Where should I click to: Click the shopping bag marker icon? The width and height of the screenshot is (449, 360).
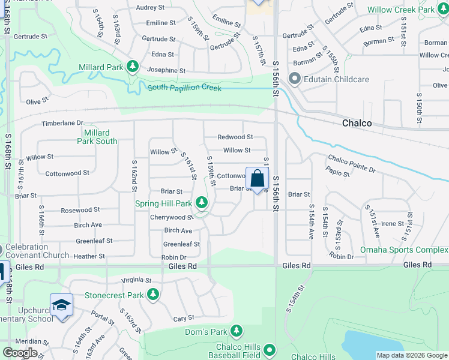[x=257, y=179]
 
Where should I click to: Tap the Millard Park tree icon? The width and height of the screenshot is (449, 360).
[x=133, y=67]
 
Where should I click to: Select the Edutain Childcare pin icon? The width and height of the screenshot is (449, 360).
[x=294, y=78]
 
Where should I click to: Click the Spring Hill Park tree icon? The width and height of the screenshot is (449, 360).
[x=202, y=203]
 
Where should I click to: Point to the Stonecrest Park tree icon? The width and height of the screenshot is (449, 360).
[x=154, y=295]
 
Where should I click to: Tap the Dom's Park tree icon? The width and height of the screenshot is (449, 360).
[x=237, y=331]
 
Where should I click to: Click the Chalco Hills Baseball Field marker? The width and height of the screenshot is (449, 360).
[x=270, y=349]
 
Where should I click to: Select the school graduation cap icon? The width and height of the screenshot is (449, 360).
[x=61, y=306]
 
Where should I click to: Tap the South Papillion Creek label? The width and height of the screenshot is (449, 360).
[x=184, y=88]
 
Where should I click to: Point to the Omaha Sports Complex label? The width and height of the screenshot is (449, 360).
[x=403, y=250]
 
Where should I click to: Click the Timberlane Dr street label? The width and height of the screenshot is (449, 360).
[x=61, y=122]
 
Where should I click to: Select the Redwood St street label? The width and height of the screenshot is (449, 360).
[x=235, y=137]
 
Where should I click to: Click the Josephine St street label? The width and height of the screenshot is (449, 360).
[x=166, y=70]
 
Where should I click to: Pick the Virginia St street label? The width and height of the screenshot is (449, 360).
[x=136, y=280]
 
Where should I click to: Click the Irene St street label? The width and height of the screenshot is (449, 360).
[x=393, y=223]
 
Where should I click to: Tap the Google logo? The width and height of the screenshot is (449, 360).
[x=20, y=353]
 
